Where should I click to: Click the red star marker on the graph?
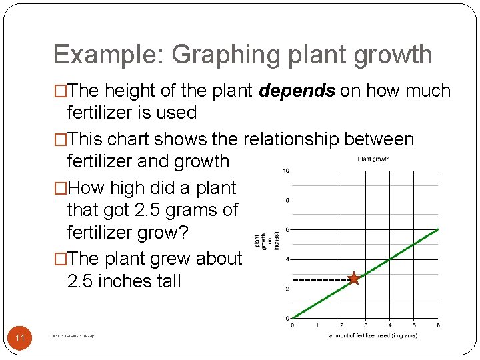pos(353,279)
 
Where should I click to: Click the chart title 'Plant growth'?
pos(373,159)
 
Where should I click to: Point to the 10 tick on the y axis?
pos(285,171)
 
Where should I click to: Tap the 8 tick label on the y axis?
pos(287,200)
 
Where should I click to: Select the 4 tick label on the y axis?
pos(287,259)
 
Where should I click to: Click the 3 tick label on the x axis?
pos(365,325)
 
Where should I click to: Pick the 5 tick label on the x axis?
pos(414,325)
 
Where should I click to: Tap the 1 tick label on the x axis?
pos(317,325)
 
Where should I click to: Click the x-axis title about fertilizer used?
pos(373,335)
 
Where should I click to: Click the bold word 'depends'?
pos(297,91)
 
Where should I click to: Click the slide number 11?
pos(20,339)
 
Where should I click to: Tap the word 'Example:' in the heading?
pos(108,55)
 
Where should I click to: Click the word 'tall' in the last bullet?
pos(167,281)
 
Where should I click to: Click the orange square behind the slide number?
pos(20,339)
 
